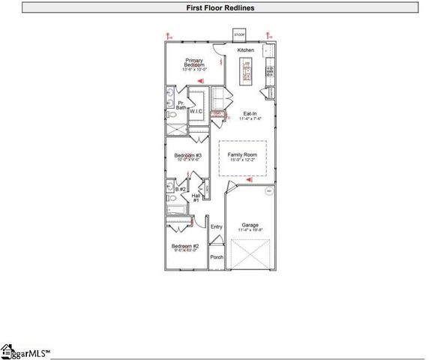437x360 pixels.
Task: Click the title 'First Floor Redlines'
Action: pos(218,7)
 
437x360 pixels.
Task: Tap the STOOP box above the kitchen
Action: pos(239,35)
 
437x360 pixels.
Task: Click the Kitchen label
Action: pos(246,49)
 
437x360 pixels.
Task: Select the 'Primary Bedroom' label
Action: pos(195,63)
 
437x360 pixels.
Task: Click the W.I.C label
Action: pos(196,111)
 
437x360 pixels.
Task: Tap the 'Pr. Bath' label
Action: pos(181,106)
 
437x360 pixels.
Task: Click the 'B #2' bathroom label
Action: pos(181,189)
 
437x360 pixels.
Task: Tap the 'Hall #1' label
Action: pos(196,197)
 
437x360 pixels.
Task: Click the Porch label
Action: pos(216,257)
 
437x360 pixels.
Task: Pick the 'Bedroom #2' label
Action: pos(184,247)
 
